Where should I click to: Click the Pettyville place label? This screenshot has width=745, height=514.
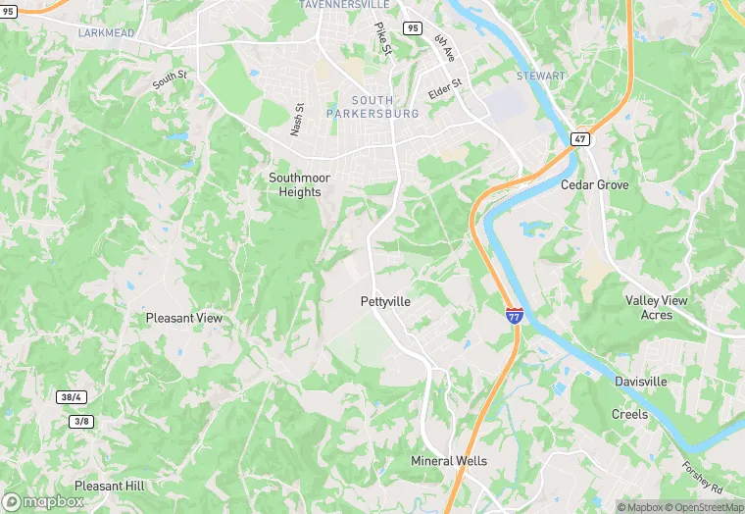(x=385, y=302)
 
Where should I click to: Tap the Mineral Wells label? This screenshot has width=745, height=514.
(x=449, y=461)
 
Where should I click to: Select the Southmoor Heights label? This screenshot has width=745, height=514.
(x=299, y=184)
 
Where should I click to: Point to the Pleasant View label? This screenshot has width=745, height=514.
(x=184, y=318)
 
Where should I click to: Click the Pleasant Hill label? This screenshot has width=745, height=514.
(x=109, y=486)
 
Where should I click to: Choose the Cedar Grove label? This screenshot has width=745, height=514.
(x=594, y=184)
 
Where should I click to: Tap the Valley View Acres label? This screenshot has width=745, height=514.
(x=657, y=308)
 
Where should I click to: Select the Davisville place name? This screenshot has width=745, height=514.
(x=641, y=381)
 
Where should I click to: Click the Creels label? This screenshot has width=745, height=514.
(x=629, y=414)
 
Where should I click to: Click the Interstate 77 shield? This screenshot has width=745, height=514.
(x=515, y=315)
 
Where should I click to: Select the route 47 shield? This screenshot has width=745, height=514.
(x=580, y=139)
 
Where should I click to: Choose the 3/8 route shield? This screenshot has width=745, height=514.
(x=81, y=422)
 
